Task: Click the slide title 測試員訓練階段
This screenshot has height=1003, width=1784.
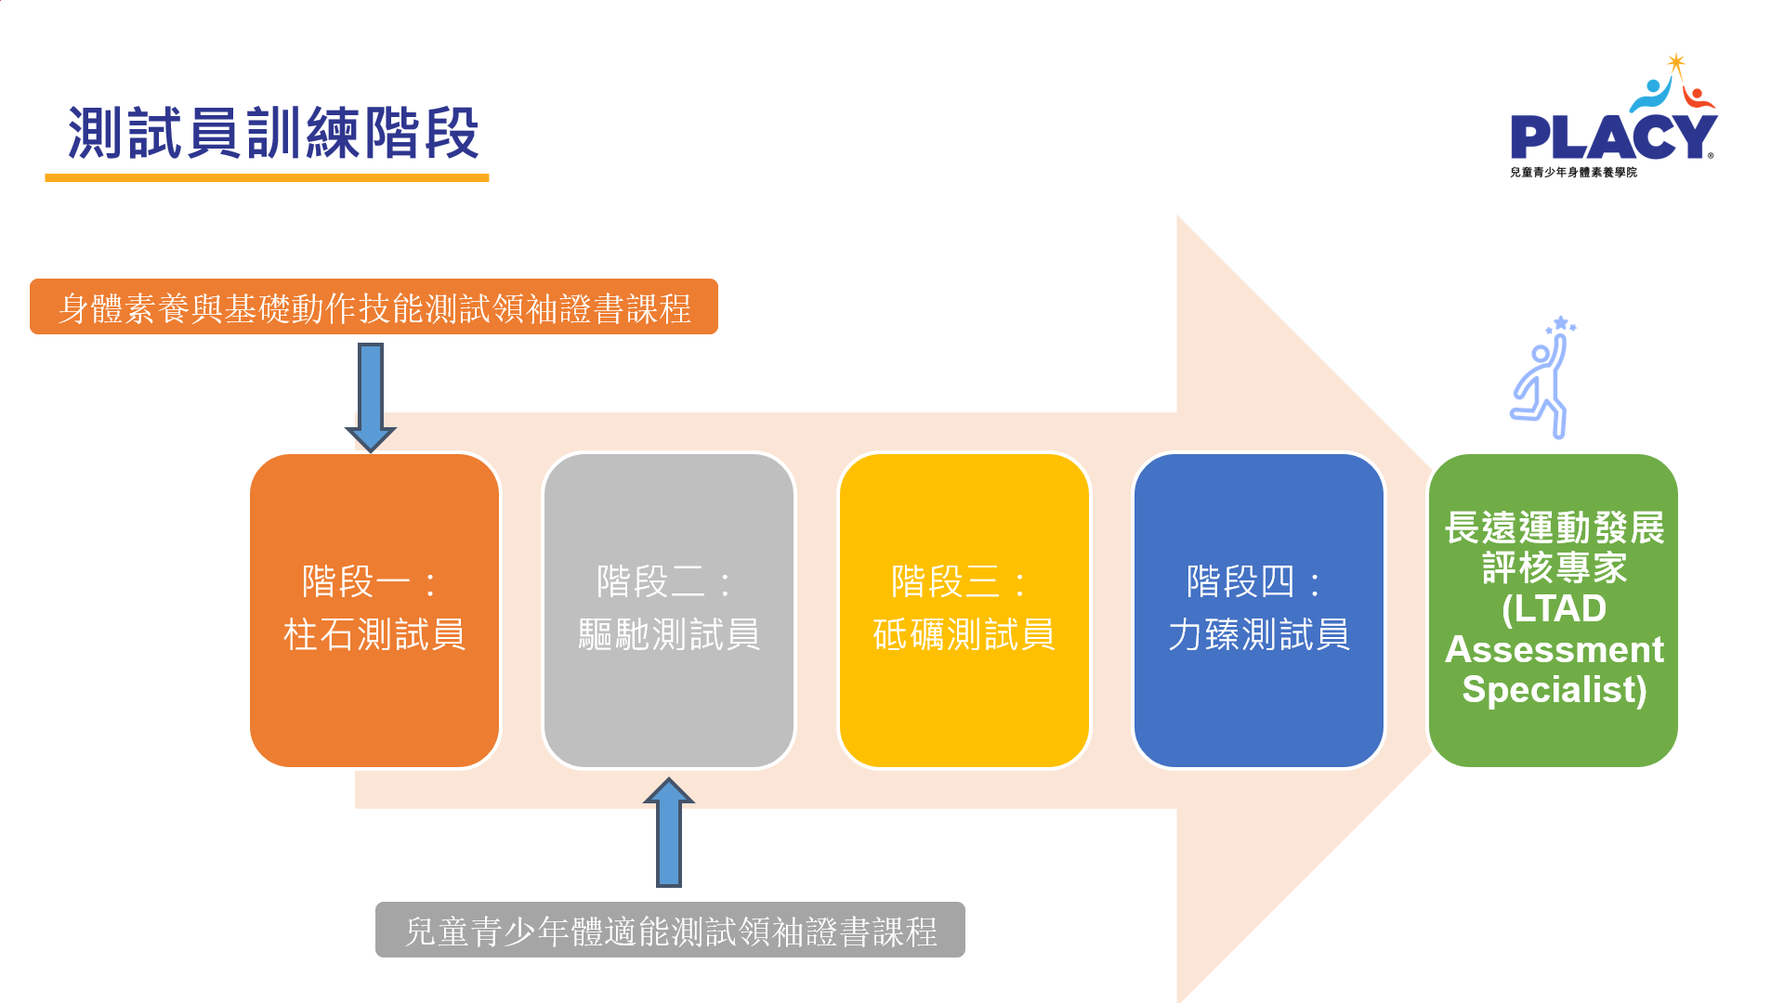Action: [x=273, y=133]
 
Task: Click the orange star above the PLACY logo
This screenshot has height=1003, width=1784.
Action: [x=1676, y=62]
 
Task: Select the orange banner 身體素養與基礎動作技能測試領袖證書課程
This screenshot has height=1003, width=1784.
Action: [x=374, y=306]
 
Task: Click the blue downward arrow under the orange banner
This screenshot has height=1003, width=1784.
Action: [x=371, y=397]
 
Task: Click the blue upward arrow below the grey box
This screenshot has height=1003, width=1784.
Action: [x=669, y=832]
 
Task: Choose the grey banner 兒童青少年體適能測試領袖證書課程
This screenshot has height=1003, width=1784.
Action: [x=670, y=930]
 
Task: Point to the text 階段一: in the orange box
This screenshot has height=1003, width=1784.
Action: [x=370, y=582]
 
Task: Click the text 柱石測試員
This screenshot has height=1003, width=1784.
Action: [x=374, y=635]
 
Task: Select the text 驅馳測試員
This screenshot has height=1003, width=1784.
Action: [x=669, y=635]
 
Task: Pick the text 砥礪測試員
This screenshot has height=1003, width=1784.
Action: [x=964, y=635]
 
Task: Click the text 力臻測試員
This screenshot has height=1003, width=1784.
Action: [x=1259, y=635]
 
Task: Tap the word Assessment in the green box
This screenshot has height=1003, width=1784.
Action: [x=1554, y=649]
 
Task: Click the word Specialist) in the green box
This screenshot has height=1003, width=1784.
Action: [x=1554, y=690]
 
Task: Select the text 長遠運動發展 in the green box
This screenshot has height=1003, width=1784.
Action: [x=1554, y=528]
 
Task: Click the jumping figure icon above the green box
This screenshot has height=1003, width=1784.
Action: [x=1543, y=377]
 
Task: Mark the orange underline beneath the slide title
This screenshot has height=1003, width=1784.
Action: [x=267, y=177]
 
